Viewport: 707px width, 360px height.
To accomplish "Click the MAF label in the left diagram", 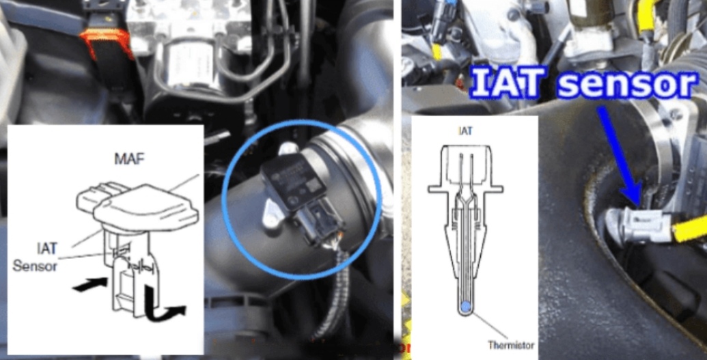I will click(125, 160).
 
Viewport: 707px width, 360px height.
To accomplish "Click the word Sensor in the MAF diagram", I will click(35, 266).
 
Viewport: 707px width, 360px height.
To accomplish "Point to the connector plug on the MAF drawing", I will click(92, 199).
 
